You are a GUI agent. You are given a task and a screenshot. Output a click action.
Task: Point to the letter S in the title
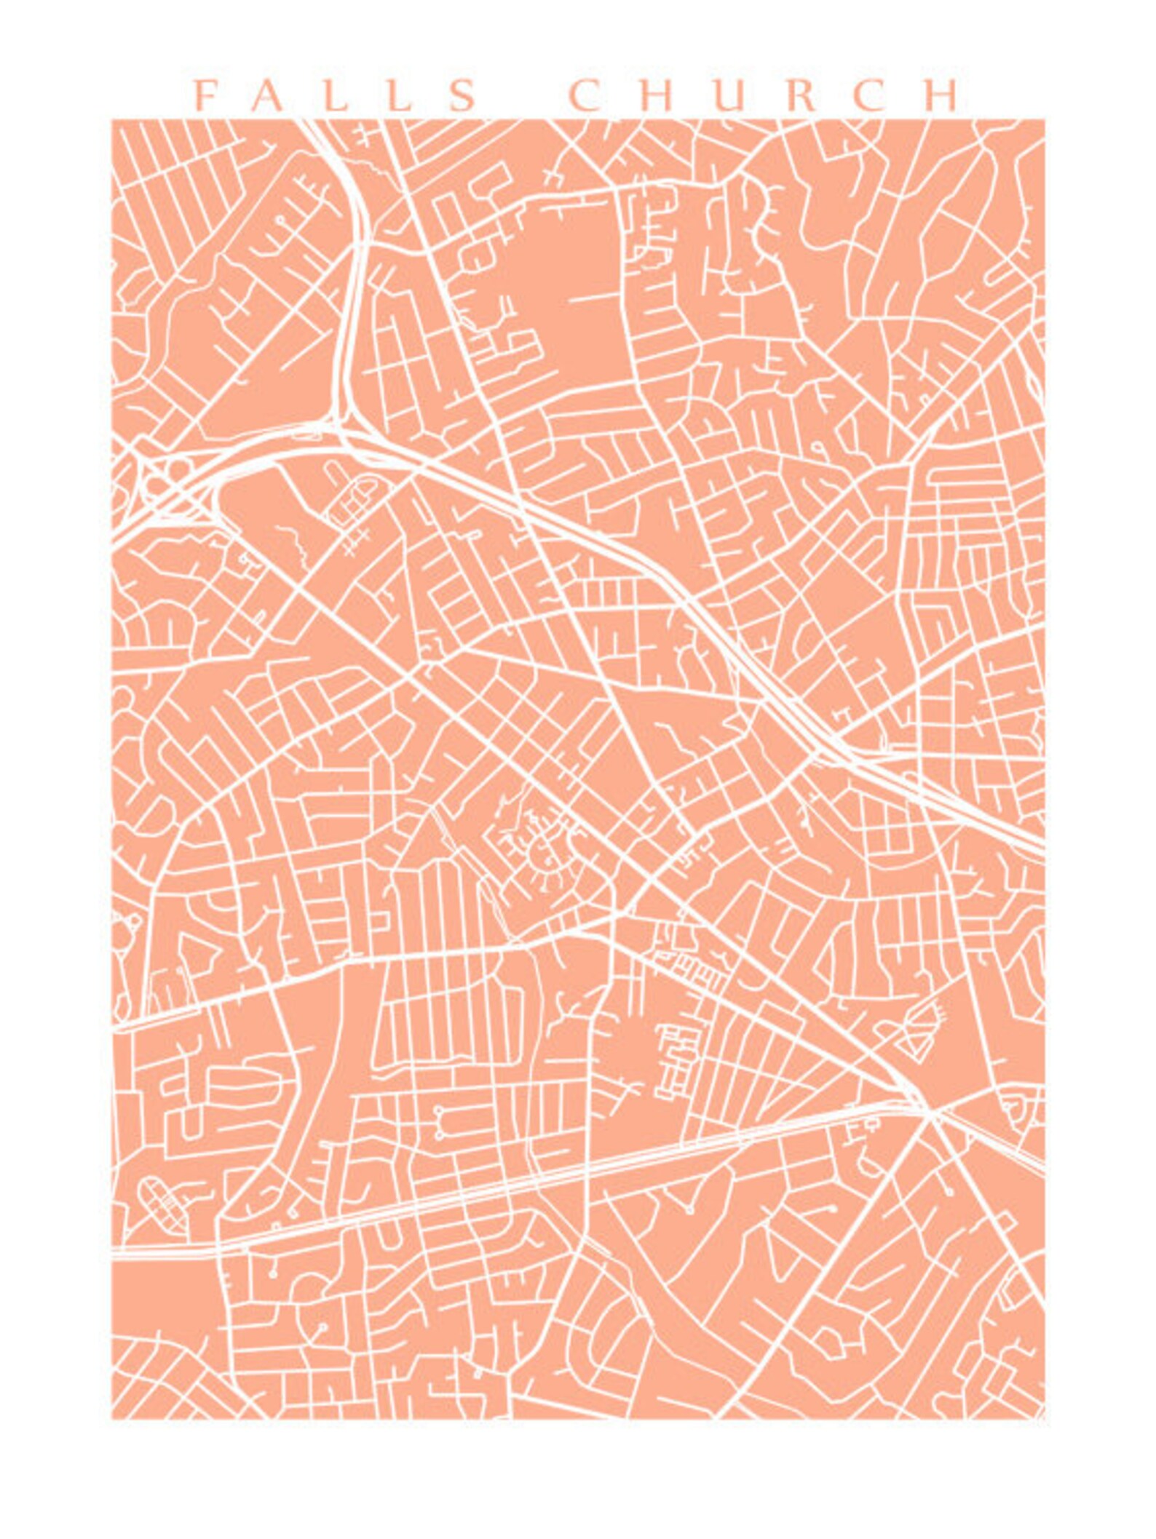(x=462, y=96)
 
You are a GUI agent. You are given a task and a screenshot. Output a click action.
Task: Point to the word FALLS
(x=336, y=96)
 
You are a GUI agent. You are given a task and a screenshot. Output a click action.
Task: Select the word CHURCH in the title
(x=765, y=96)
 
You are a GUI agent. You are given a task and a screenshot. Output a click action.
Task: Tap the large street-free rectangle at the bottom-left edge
(x=164, y=1303)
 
